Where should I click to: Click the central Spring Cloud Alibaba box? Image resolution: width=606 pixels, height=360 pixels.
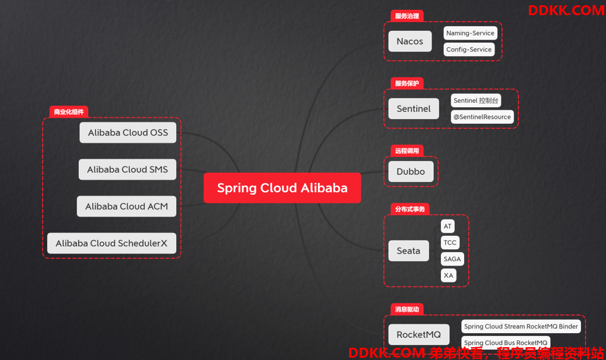pyautogui.click(x=282, y=188)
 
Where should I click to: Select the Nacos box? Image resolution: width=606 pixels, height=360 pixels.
pyautogui.click(x=410, y=41)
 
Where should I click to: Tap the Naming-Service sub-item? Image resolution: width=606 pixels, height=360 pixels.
pyautogui.click(x=470, y=33)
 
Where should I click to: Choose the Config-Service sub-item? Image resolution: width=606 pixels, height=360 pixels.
pyautogui.click(x=469, y=50)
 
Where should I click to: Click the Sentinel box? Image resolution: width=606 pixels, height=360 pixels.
pyautogui.click(x=413, y=109)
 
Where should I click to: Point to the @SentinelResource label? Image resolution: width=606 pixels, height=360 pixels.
pyautogui.click(x=482, y=117)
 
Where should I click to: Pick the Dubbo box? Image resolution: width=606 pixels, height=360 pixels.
pyautogui.click(x=410, y=172)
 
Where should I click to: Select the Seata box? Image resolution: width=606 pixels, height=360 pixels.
pyautogui.click(x=409, y=251)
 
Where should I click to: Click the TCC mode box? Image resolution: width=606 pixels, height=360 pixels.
pyautogui.click(x=450, y=243)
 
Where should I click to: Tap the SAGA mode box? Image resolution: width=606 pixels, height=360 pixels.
pyautogui.click(x=452, y=259)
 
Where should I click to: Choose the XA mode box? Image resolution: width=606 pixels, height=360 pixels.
pyautogui.click(x=448, y=275)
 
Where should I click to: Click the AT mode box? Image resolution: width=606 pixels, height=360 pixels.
pyautogui.click(x=448, y=226)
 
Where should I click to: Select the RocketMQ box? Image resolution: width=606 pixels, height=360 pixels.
pyautogui.click(x=419, y=334)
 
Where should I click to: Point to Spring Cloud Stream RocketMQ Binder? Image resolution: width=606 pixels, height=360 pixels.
pyautogui.click(x=521, y=326)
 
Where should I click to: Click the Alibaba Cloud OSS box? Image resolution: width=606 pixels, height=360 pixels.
pyautogui.click(x=128, y=132)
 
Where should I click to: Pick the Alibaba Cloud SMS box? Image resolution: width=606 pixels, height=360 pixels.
pyautogui.click(x=127, y=170)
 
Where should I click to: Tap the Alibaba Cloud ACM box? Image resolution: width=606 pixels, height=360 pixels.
pyautogui.click(x=126, y=207)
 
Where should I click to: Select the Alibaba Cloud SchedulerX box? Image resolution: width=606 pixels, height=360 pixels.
pyautogui.click(x=112, y=243)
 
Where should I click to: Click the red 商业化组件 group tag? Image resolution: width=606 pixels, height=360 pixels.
pyautogui.click(x=69, y=112)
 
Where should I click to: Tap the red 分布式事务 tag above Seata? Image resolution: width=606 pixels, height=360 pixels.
pyautogui.click(x=410, y=209)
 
